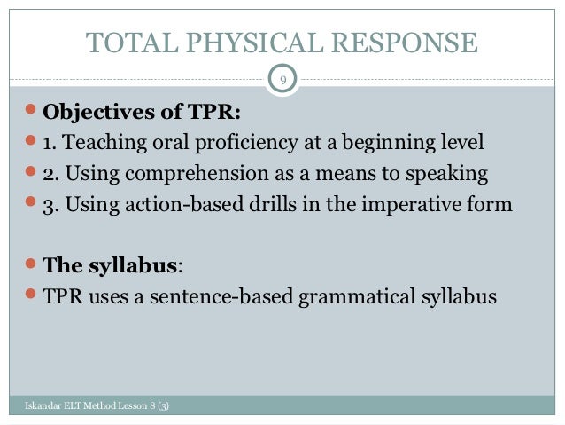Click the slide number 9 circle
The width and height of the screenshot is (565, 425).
coord(282,81)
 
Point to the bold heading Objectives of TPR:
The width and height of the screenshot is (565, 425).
coord(142,113)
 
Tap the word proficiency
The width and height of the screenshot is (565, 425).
coord(228,143)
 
